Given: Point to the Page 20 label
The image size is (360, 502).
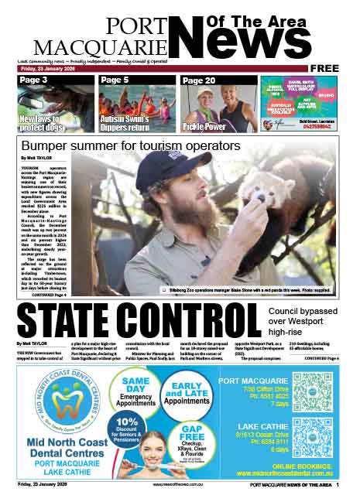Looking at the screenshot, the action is pyautogui.click(x=198, y=80).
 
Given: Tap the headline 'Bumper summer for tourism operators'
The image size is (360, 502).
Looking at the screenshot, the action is pyautogui.click(x=131, y=145).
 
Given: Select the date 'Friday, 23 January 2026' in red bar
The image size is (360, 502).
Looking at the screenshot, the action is pyautogui.click(x=47, y=68).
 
